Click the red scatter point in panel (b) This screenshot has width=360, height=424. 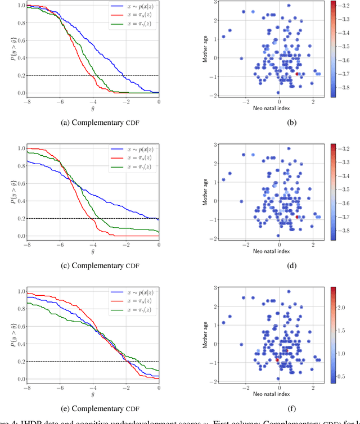298,74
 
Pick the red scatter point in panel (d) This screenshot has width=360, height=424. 298,216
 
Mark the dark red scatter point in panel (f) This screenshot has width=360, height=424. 277,360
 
